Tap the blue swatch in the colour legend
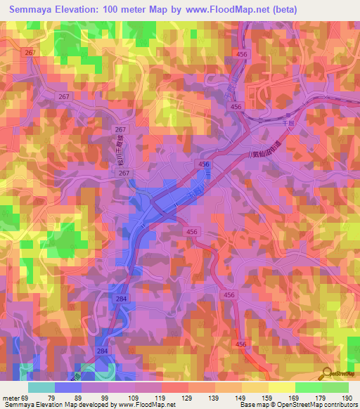tap(68, 387)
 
